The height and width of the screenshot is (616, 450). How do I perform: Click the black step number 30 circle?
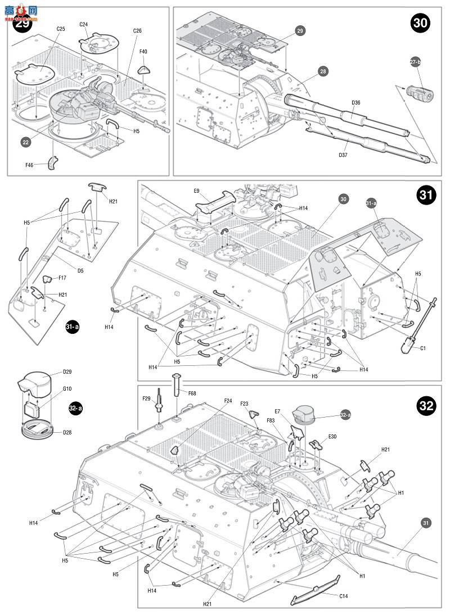(420, 23)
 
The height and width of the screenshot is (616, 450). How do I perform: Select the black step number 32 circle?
(427, 406)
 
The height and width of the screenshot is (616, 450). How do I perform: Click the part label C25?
(61, 29)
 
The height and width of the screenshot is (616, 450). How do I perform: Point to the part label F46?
(30, 165)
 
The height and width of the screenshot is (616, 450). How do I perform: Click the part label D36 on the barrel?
(355, 103)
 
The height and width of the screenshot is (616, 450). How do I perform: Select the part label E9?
(197, 191)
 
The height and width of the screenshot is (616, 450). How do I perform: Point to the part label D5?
(80, 270)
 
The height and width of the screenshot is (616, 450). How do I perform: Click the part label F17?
(62, 277)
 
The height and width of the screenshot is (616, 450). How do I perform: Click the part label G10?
(67, 388)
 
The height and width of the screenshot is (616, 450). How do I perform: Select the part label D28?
(67, 432)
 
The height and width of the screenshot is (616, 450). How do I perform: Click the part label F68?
(191, 393)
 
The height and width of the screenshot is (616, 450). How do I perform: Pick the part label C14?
(343, 596)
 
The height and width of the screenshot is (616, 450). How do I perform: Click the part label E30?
(332, 436)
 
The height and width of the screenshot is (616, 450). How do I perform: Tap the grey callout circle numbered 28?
(323, 71)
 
